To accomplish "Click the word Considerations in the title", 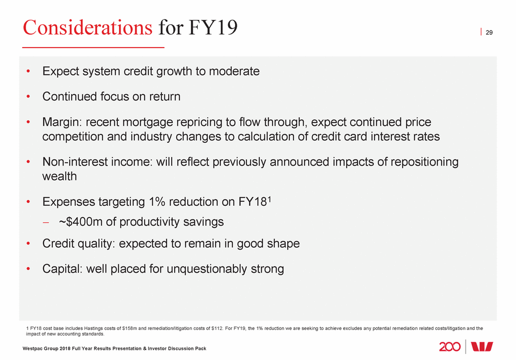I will click(87, 27).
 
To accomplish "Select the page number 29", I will click(489, 32).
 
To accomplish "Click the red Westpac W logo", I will click(481, 346).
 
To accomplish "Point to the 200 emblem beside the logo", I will click(450, 346).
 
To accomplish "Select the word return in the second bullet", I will click(164, 96).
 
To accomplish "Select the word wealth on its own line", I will click(59, 176).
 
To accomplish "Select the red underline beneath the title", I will click(93, 47).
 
